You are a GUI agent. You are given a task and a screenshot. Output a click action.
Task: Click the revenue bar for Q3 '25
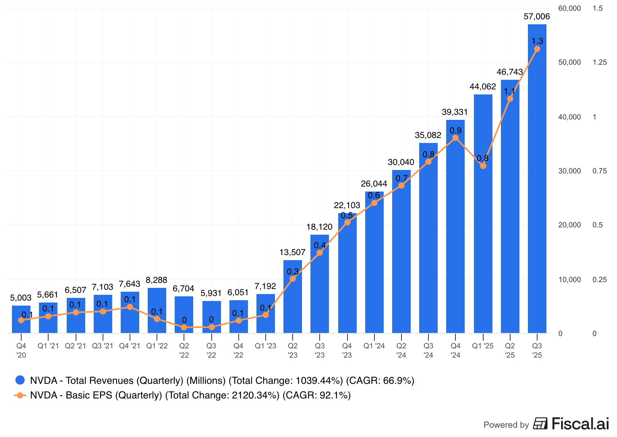[537, 193]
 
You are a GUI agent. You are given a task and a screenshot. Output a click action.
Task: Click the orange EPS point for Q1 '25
[483, 166]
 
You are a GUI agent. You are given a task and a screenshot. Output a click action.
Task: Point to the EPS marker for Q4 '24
[455, 138]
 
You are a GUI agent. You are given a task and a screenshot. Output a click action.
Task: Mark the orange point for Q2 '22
[184, 327]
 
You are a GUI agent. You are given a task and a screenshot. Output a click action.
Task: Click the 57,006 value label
[536, 17]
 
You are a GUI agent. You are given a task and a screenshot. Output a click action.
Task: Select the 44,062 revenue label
[482, 87]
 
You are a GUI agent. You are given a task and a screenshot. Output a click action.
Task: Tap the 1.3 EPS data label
[537, 41]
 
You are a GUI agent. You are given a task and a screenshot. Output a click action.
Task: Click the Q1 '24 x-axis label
[374, 346]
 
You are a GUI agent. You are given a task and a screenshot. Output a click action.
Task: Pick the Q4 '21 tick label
[130, 346]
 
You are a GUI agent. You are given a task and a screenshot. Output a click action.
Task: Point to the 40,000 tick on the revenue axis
[569, 117]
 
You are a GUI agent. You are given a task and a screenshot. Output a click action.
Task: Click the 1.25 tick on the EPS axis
[599, 62]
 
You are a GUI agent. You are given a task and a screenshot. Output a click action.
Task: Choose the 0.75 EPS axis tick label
[599, 171]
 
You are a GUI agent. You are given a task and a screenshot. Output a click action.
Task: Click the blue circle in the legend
[20, 380]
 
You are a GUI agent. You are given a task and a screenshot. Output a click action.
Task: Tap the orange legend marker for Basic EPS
[20, 395]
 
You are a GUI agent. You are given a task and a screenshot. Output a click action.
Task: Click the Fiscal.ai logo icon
[540, 424]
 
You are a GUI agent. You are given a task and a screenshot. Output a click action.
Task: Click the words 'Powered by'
[506, 425]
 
